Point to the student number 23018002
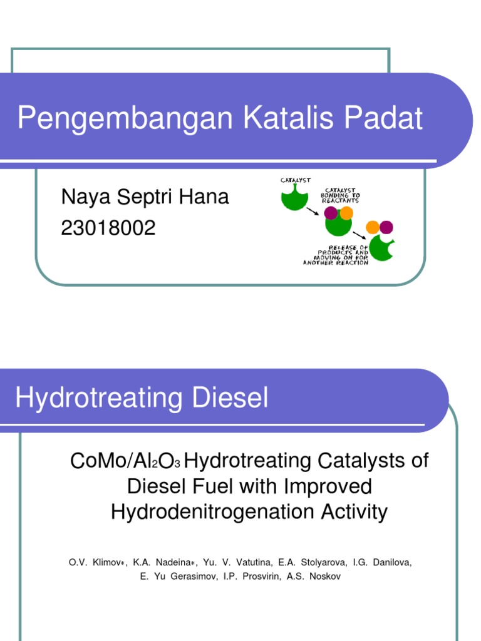(108, 228)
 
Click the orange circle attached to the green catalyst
(346, 213)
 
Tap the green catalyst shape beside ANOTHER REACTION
(381, 248)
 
